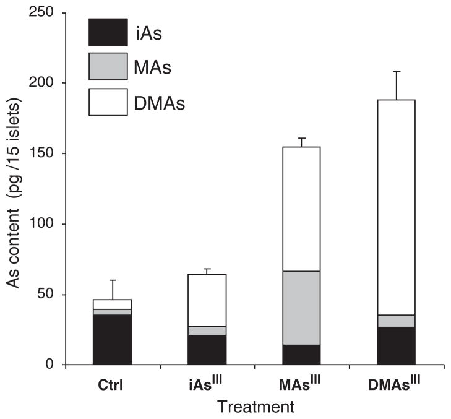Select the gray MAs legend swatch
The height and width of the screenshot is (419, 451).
pyautogui.click(x=108, y=66)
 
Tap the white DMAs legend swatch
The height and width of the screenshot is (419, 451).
pyautogui.click(x=108, y=102)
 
